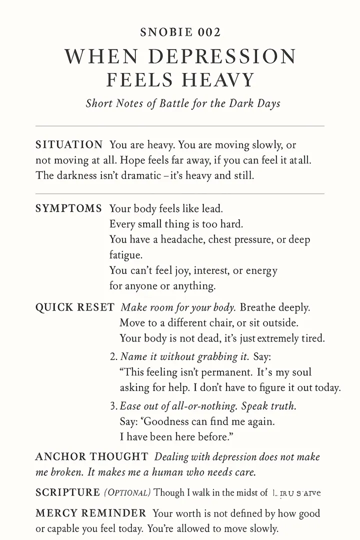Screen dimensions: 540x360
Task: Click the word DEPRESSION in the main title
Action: (229, 56)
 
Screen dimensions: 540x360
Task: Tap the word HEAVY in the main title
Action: (218, 80)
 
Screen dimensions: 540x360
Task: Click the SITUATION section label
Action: (69, 145)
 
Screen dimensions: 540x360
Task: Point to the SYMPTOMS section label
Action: (68, 207)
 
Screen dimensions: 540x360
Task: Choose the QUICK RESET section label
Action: (74, 307)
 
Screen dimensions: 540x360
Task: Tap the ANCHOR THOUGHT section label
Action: (91, 456)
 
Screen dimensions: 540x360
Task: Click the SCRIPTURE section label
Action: (67, 492)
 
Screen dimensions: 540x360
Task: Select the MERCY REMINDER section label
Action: (91, 513)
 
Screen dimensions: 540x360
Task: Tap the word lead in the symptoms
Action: (212, 208)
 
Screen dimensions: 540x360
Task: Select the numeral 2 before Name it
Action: (112, 356)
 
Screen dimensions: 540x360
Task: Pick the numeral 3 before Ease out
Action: (112, 406)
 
